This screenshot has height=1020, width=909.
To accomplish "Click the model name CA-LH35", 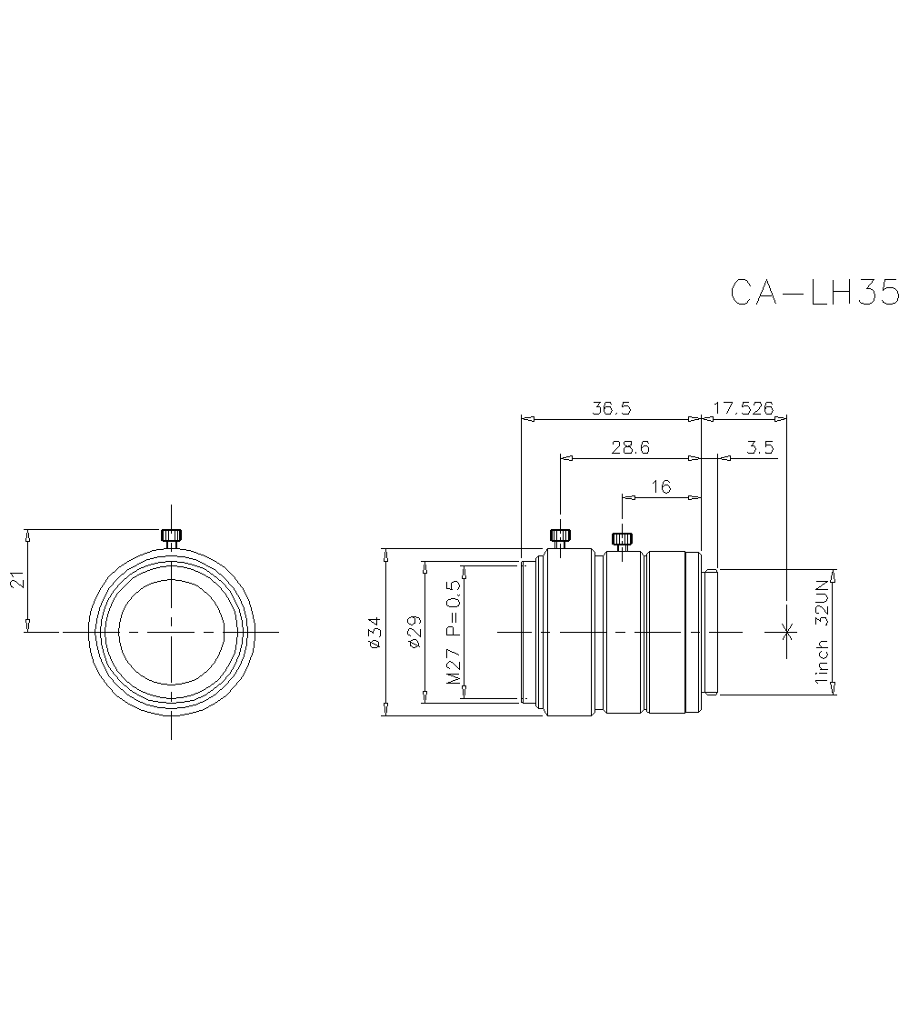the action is coord(814,293).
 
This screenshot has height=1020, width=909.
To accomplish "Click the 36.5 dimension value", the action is coord(611,408).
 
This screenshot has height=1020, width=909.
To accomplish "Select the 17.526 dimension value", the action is coord(743,408).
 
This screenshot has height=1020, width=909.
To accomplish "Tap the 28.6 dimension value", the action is coord(629,448).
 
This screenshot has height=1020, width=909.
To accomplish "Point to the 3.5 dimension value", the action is coord(759,448).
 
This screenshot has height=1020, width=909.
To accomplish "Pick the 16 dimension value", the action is coord(661,486).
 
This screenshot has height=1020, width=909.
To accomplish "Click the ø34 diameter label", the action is coord(374,632).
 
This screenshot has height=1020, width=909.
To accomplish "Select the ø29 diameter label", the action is coord(413,631).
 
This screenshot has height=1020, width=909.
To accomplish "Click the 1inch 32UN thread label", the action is coord(822,631).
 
